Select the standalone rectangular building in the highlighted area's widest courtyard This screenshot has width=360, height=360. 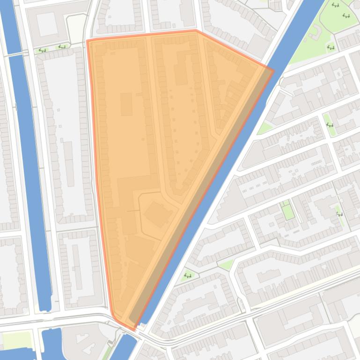point(126,104)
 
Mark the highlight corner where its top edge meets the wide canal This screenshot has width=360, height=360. point(273,71)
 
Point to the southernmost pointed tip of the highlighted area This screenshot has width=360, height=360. point(134,330)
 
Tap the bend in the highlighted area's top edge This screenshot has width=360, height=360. point(196,31)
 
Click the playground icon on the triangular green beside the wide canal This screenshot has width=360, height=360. point(188,276)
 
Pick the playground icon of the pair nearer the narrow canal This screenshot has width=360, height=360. point(43,50)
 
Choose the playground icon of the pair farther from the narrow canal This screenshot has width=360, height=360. point(62,47)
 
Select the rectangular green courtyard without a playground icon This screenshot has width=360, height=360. point(287,211)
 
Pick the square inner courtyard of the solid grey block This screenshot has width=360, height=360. point(47,24)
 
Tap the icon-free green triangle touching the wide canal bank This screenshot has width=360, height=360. point(265,128)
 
